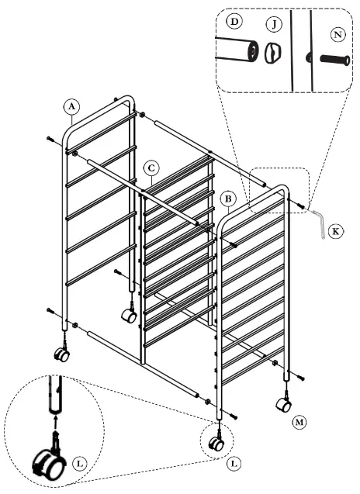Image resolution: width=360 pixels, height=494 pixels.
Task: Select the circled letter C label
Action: (152, 168)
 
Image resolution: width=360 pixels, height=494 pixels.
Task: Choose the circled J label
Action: (272, 26)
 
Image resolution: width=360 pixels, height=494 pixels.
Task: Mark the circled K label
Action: (334, 232)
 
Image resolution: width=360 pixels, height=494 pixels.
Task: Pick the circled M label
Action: (299, 423)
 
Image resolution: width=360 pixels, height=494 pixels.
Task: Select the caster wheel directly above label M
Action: (284, 404)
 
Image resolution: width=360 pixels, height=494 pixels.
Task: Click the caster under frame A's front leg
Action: (61, 354)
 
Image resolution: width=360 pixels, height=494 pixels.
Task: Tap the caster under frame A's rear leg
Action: (129, 315)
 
